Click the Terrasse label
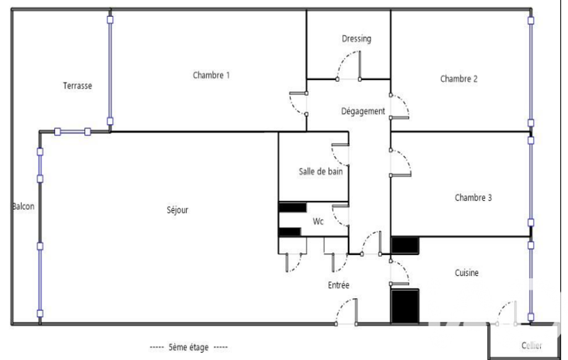[77, 86]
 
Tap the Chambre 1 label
[211, 75]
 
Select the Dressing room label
[356, 39]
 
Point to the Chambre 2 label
[459, 79]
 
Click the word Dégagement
[363, 111]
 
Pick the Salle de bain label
[321, 172]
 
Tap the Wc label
[318, 222]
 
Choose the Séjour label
[177, 210]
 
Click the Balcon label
[23, 207]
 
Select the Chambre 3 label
[473, 198]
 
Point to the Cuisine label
[467, 272]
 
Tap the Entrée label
[339, 285]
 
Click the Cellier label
[531, 346]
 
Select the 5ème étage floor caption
[189, 347]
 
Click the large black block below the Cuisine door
[405, 306]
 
